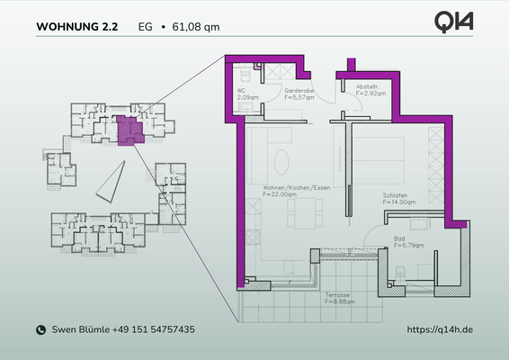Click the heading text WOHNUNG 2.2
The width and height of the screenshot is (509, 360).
(76, 27)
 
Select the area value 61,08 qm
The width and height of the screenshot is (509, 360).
(195, 27)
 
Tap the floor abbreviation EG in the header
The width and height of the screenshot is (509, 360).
(145, 27)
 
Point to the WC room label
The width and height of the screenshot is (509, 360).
(242, 91)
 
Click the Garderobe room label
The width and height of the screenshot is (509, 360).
(299, 91)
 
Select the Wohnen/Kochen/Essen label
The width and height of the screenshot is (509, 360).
(290, 186)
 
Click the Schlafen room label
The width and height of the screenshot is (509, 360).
(395, 196)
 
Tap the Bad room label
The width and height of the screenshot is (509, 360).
(399, 238)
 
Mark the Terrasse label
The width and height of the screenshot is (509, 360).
(338, 294)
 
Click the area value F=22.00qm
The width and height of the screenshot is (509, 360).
(281, 193)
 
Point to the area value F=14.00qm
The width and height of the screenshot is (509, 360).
(398, 202)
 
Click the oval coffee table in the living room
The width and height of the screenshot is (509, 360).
(281, 162)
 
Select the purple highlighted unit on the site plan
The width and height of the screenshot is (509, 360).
(129, 130)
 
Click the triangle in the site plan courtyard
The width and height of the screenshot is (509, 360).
(112, 184)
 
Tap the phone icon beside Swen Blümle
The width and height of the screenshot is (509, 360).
(40, 330)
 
